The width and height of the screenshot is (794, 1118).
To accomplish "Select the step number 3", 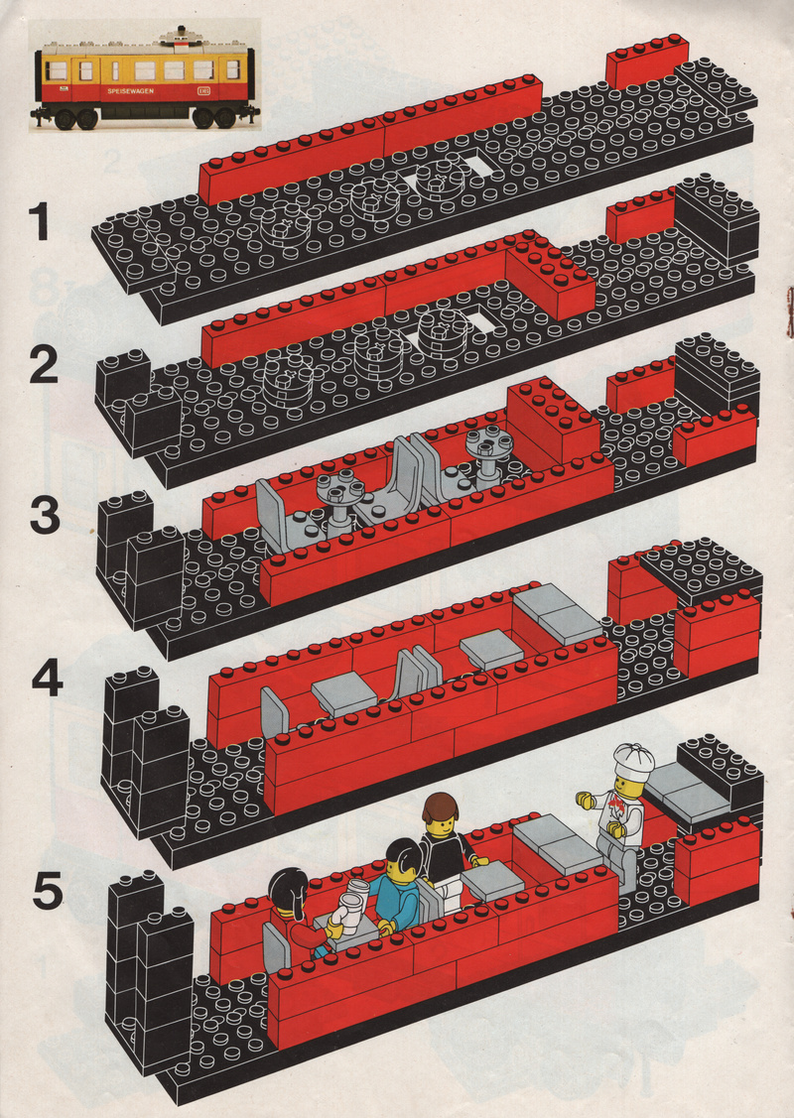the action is pos(45,516).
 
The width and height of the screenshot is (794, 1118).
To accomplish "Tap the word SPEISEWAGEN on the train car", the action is pos(131,91).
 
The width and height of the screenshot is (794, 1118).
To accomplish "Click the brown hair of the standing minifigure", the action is pos(439,807).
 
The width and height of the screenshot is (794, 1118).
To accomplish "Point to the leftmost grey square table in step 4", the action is pos(344,693).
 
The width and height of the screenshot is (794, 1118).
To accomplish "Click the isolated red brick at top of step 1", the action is pos(647,62).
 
